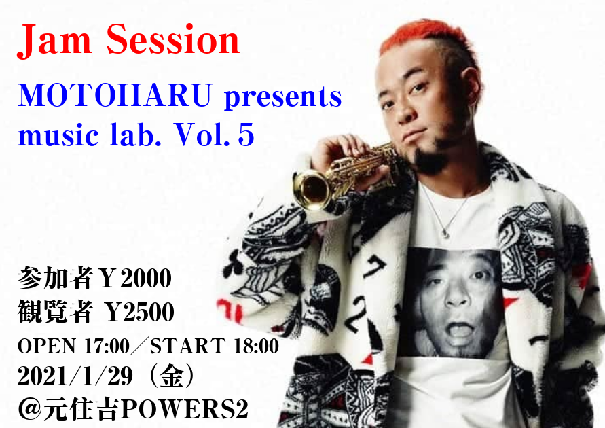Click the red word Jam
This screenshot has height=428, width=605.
(54, 41)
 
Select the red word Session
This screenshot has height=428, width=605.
(173, 39)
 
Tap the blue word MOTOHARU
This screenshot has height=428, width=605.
(115, 94)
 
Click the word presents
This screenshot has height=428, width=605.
(283, 97)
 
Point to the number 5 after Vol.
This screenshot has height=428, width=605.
(246, 135)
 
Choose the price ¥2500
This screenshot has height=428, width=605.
(140, 312)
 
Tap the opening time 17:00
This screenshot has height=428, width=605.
(107, 345)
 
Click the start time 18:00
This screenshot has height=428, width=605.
(256, 345)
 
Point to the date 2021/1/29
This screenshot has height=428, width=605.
(75, 376)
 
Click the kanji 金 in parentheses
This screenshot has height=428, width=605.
(172, 376)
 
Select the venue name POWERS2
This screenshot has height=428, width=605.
(185, 409)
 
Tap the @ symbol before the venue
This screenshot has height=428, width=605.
(30, 410)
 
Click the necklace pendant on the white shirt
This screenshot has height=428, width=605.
(445, 233)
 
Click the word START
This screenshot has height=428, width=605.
(188, 345)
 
